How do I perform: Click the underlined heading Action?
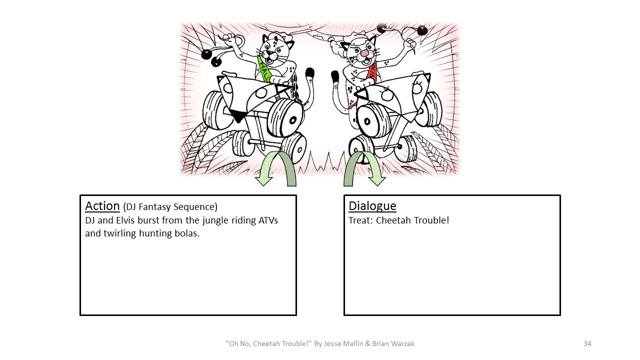[102, 206]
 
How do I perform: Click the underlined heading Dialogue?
[372, 206]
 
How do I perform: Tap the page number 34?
[587, 343]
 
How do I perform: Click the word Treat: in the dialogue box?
[360, 220]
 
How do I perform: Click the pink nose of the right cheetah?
[365, 52]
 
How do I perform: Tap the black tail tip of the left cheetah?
[309, 73]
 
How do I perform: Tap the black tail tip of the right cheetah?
[334, 76]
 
